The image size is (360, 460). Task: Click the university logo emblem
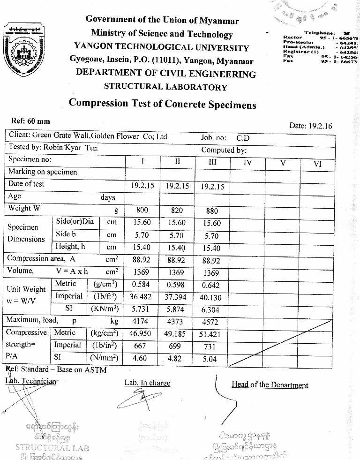pos(24,51)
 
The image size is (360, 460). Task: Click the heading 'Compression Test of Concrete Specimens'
pos(162,104)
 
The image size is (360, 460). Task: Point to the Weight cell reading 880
pos(212,211)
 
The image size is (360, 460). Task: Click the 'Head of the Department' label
pos(270,385)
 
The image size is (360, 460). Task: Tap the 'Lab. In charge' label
pos(147,383)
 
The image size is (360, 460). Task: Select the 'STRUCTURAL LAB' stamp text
pos(52,447)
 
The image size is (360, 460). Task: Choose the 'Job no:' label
pos(214,138)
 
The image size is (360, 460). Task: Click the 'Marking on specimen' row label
pos(42,172)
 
